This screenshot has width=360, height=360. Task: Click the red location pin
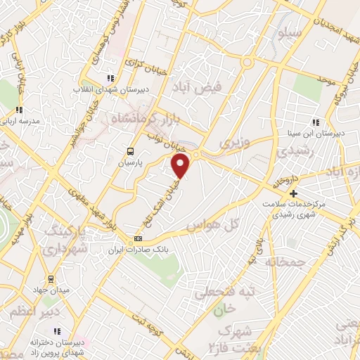coord(181,166)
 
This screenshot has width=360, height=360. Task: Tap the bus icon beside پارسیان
coord(129,151)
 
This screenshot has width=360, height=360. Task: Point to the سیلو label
coord(290,32)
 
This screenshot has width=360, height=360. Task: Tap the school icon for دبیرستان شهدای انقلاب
coord(110,78)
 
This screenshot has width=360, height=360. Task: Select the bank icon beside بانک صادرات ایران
coord(138,240)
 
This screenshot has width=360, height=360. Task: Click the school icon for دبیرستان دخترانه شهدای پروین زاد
coord(58,330)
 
